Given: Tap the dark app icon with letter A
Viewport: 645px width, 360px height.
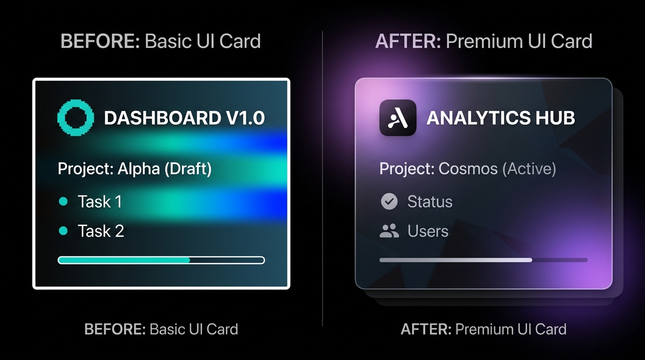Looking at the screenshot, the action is (x=397, y=118).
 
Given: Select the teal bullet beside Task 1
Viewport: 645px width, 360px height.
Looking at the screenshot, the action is (x=63, y=201).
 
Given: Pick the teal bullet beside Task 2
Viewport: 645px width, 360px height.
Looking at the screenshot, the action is (x=63, y=231).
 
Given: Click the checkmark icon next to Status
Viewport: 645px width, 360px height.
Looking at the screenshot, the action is (x=389, y=201).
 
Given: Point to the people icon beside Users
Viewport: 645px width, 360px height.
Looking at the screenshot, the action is (x=389, y=231).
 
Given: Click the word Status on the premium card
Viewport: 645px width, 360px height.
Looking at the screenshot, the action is (x=430, y=201).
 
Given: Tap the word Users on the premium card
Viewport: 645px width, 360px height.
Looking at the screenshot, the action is (x=428, y=231).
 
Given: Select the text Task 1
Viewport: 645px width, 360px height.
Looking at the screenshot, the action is (x=100, y=201).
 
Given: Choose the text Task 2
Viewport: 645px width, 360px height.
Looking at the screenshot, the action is (x=101, y=231).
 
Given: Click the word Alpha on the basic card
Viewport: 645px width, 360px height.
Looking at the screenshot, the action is (x=138, y=169).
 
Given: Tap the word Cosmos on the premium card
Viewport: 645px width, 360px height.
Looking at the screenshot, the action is (x=468, y=168).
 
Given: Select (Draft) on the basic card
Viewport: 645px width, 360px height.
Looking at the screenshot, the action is (x=188, y=169).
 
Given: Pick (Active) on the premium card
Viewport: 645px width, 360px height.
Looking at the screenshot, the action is (x=529, y=169).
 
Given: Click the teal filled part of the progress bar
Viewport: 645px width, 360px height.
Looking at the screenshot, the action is (x=124, y=260).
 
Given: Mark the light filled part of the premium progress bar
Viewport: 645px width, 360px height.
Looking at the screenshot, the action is (x=456, y=260).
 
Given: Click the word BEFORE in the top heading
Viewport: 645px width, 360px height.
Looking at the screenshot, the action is (x=100, y=41).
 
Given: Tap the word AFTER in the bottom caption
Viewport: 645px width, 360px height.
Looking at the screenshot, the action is (x=426, y=329).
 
